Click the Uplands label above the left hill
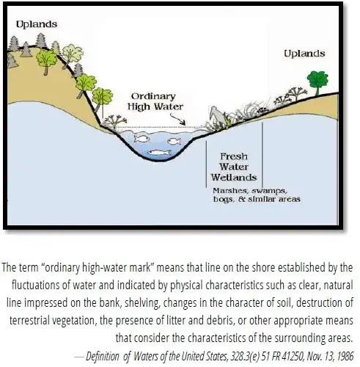37,24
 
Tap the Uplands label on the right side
304,54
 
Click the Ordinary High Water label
155,101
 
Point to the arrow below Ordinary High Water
177,120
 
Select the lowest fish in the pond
159,153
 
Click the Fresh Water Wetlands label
234,167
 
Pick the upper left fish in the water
142,139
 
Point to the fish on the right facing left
175,141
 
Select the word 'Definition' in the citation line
103,356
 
